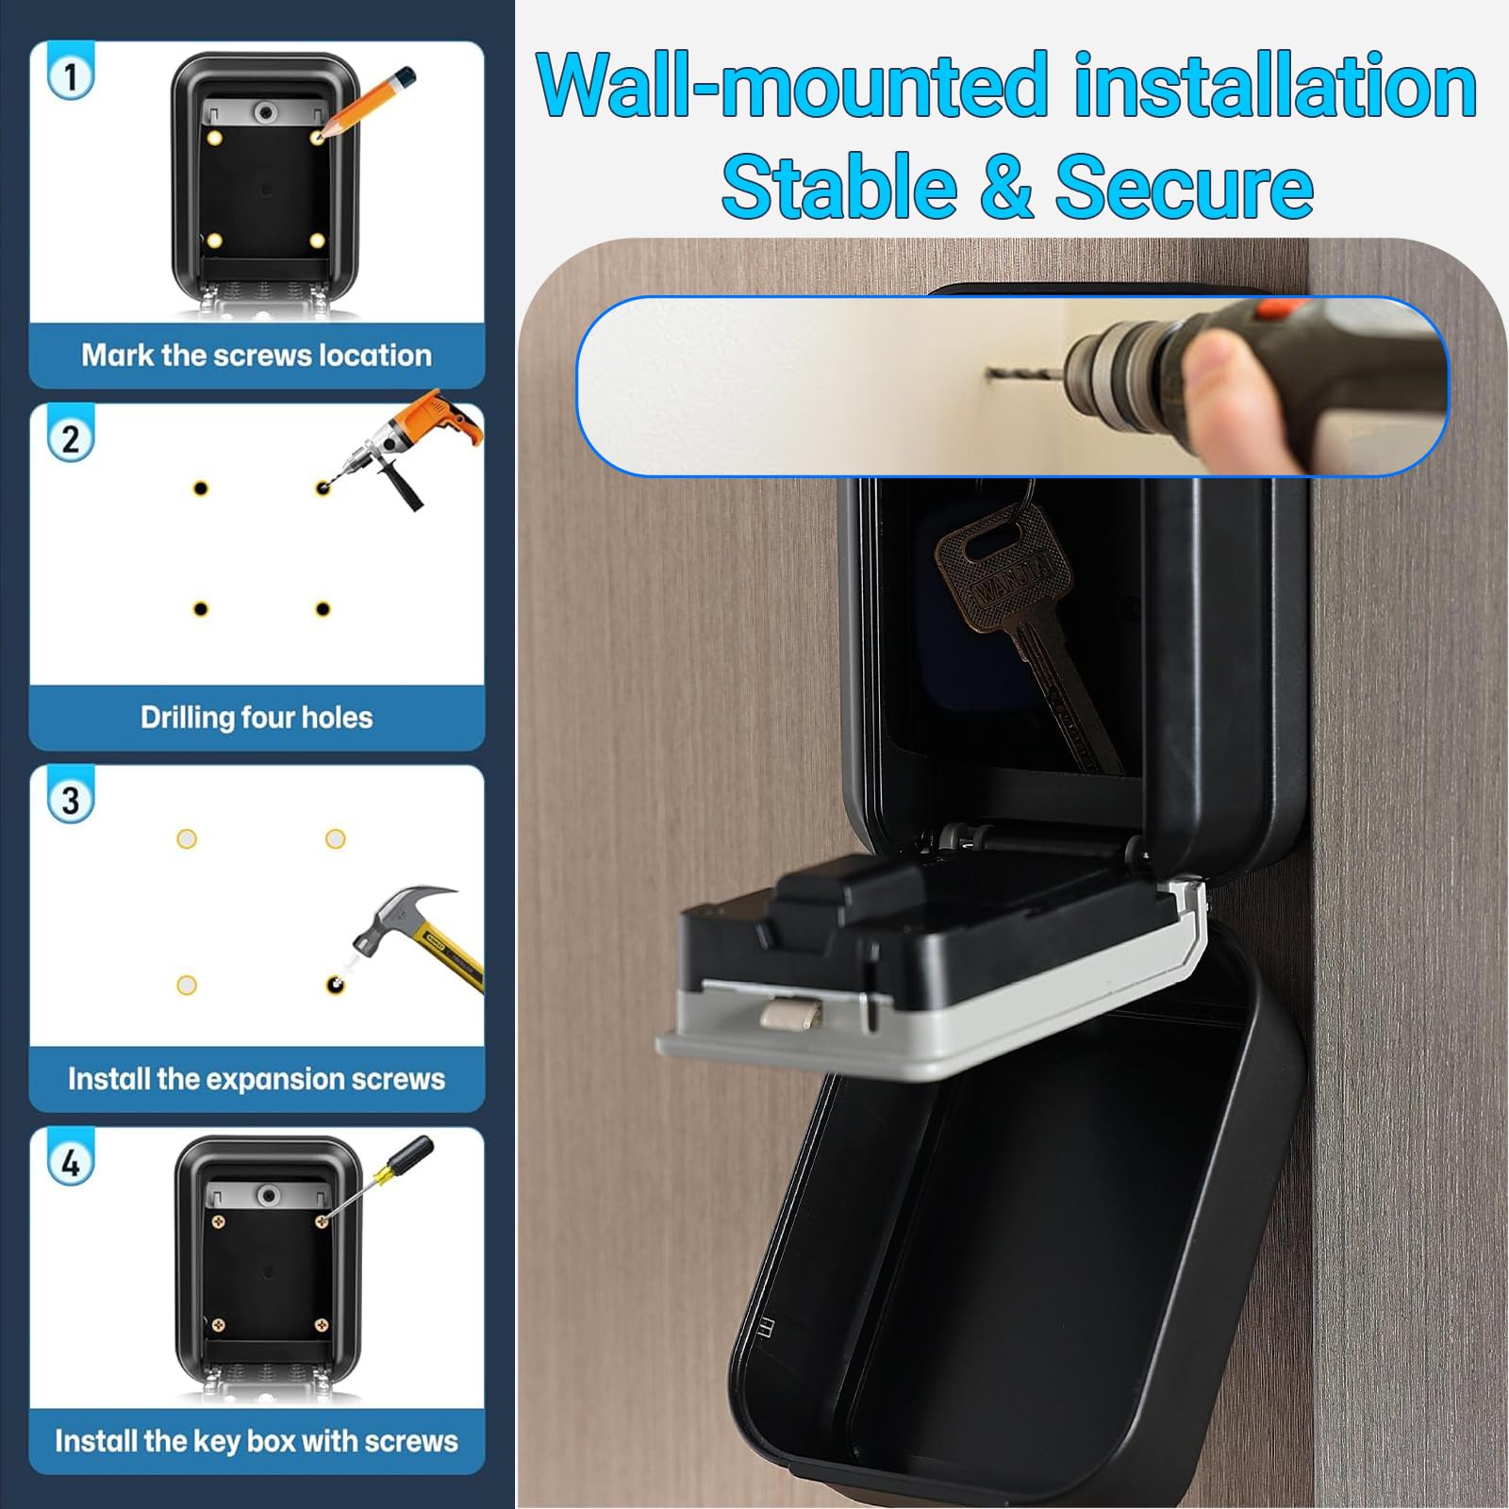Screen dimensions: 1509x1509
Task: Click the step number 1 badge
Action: coord(70,76)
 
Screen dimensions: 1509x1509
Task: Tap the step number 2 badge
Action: coord(70,439)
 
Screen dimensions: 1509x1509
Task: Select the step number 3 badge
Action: coord(70,801)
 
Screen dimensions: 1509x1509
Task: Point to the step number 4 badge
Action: coord(70,1163)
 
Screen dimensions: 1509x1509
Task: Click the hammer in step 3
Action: coord(415,938)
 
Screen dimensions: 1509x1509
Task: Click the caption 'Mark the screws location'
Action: coord(257,356)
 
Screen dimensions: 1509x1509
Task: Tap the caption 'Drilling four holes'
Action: coord(257,718)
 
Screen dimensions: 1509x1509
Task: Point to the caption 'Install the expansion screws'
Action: coord(257,1079)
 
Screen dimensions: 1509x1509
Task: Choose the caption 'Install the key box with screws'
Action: coord(257,1441)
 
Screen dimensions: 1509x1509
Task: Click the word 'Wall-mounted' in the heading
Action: coord(792,86)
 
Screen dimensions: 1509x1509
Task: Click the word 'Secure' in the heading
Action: coord(1185,187)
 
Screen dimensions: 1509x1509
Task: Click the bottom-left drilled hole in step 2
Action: coord(200,609)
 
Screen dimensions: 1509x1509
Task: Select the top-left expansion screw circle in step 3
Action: coord(187,838)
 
